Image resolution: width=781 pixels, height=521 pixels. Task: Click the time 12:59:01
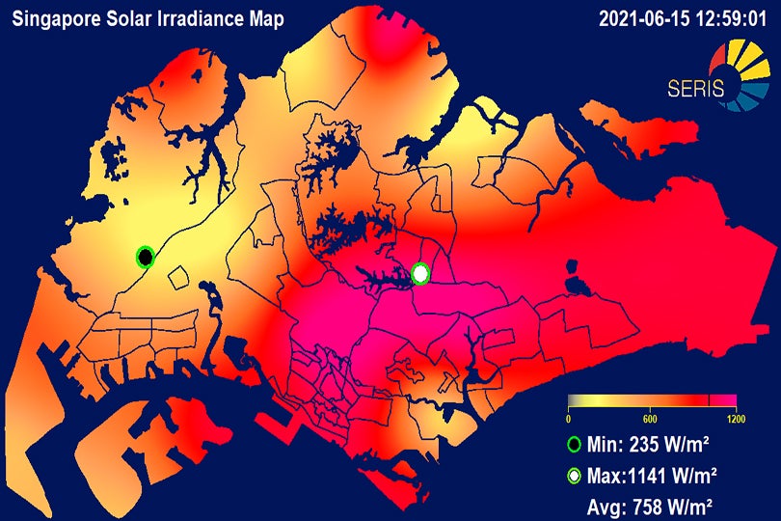tap(729, 18)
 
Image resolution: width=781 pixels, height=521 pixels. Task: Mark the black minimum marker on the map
tap(145, 257)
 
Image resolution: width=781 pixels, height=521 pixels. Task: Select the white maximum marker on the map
tap(420, 274)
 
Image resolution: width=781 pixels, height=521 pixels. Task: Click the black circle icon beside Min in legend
tap(575, 445)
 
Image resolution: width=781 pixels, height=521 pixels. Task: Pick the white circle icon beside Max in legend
tap(575, 475)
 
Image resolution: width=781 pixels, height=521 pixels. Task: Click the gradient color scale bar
tap(652, 400)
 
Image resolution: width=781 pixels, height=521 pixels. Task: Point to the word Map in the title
tap(260, 18)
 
